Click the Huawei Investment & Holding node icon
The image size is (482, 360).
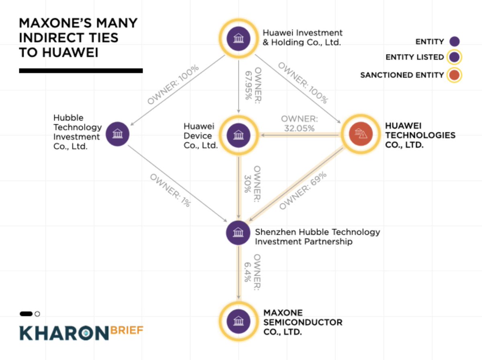point(239,39)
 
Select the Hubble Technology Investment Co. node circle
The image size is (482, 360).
point(117,134)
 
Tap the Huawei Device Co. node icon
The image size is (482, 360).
point(239,134)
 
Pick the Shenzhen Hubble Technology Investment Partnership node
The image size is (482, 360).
point(239,232)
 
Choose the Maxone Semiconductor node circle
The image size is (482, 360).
point(239,321)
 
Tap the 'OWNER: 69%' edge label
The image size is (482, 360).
point(303,191)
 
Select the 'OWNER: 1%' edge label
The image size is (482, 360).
point(170,189)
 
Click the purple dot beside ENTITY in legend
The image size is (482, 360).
point(455,41)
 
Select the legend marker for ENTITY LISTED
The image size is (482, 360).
point(455,57)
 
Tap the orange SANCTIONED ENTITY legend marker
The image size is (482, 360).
point(455,75)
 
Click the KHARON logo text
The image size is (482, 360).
point(64,333)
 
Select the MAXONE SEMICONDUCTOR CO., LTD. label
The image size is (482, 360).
point(303,322)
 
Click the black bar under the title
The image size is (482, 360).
point(81,71)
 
